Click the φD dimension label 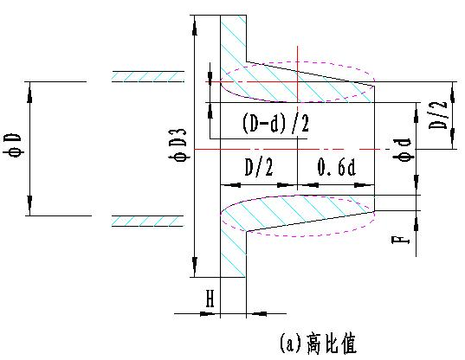coord(12,145)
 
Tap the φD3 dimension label coord(180,145)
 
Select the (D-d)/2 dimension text coord(276,123)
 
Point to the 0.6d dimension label coord(336,167)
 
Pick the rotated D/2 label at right coord(438,115)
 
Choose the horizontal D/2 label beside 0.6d coord(259,167)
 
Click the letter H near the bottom coord(210,299)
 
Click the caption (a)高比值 coord(318,344)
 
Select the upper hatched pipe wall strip coord(148,76)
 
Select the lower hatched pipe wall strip coord(148,222)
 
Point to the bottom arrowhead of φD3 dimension coord(195,267)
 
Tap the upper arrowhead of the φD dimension coord(29,93)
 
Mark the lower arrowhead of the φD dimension coord(29,205)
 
